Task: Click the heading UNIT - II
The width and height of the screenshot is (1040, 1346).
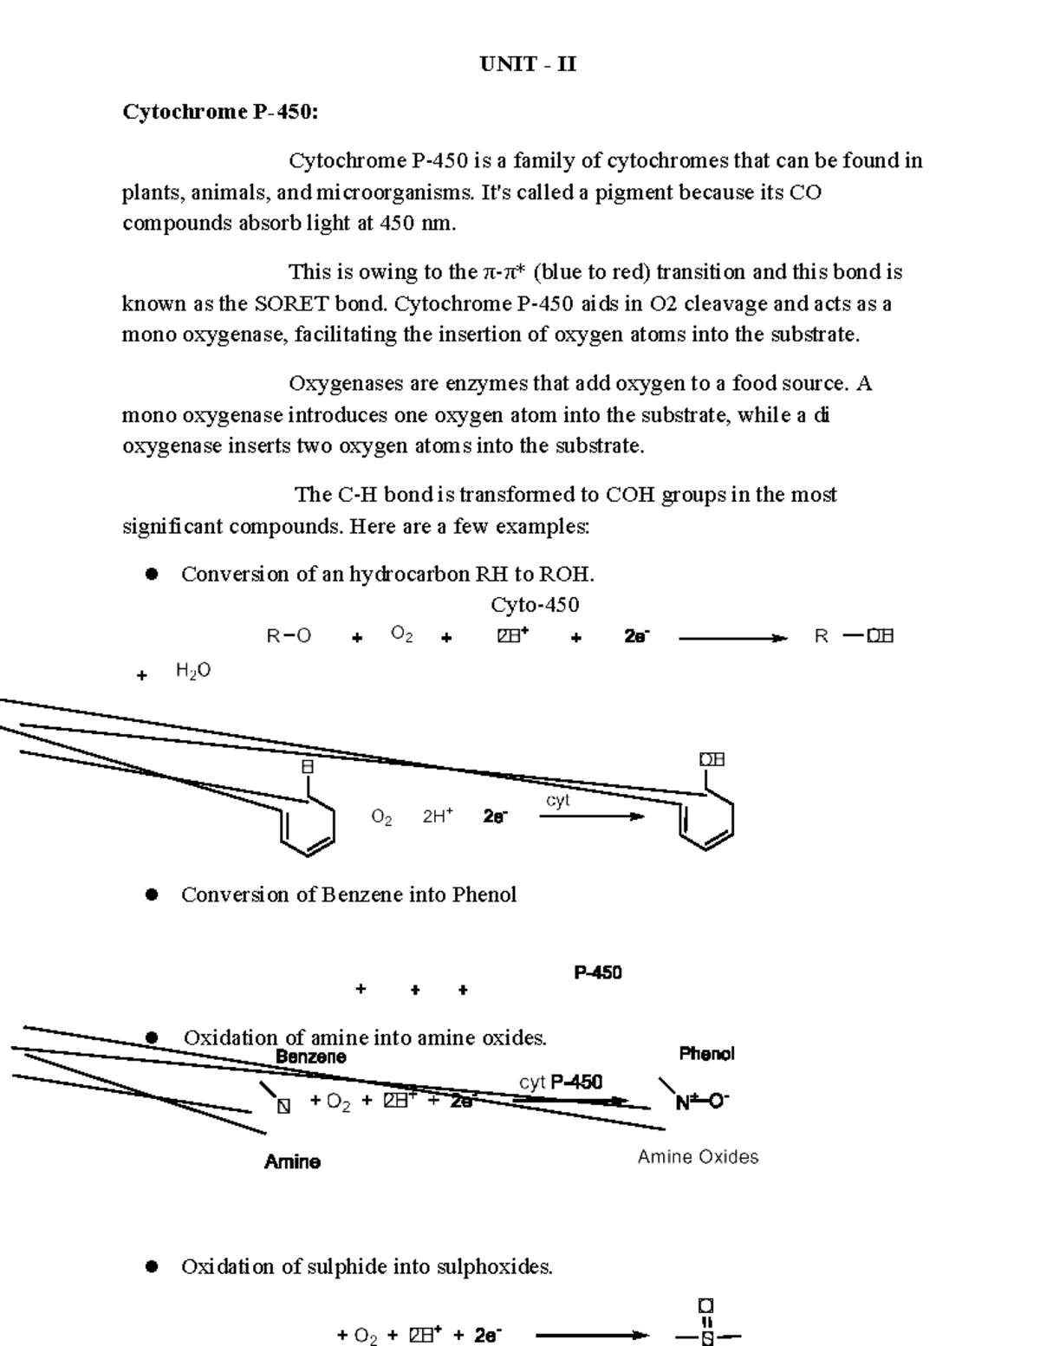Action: click(528, 64)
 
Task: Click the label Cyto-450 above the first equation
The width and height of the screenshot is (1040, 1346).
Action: click(535, 604)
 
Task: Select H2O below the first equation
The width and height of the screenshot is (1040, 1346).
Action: click(192, 671)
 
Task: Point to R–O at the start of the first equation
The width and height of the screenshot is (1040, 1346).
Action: click(289, 636)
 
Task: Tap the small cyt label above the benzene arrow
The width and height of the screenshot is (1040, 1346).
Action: click(557, 800)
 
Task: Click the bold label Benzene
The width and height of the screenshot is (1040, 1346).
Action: click(310, 1057)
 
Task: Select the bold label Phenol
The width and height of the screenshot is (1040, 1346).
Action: click(706, 1053)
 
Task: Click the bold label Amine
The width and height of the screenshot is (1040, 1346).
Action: click(292, 1161)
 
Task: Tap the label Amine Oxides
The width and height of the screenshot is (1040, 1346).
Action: click(698, 1157)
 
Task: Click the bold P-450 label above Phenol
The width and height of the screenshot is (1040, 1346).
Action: click(597, 972)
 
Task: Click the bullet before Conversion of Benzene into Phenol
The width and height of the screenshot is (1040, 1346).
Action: click(153, 894)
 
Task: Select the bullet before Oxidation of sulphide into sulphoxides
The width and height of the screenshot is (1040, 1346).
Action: click(153, 1267)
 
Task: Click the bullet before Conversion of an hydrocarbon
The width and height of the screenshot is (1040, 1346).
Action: click(153, 574)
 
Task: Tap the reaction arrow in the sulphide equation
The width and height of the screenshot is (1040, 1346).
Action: click(591, 1336)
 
